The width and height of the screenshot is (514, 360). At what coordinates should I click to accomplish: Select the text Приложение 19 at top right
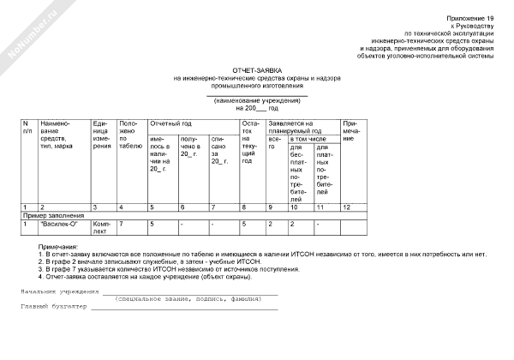click(471, 18)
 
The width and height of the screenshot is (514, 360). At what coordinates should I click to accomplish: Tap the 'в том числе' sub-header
click(309, 137)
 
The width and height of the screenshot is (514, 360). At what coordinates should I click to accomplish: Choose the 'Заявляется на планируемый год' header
click(296, 126)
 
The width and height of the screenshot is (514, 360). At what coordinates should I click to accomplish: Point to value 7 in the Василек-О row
click(122, 224)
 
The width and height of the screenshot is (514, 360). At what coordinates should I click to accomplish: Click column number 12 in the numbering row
click(347, 207)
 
